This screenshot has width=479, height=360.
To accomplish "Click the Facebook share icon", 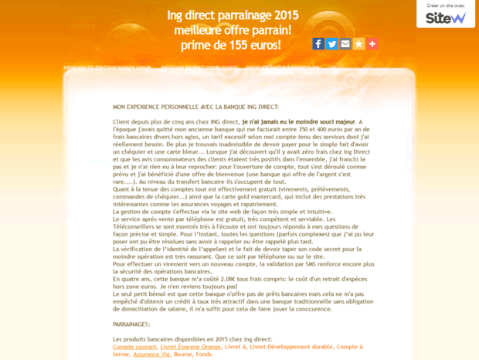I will pos(318,44).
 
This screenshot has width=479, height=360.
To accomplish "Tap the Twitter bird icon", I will pos(331,44).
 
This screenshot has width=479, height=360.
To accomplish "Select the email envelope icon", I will pos(345,44).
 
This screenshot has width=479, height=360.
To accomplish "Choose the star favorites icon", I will pos(358,44).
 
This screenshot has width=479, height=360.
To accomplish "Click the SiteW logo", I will pos(446,18).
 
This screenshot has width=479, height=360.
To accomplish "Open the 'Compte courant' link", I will pos(134,347).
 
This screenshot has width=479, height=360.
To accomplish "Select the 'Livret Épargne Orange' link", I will pos(190,347).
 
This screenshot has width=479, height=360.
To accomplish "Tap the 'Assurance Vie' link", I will pos(151,354).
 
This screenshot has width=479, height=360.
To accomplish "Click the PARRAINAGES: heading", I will pos(131,324).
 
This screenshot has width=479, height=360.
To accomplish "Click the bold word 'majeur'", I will pos(341,122).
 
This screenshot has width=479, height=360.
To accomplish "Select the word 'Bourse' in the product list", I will pos(184,354).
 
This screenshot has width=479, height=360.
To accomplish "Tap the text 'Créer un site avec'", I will pos(445,5).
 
